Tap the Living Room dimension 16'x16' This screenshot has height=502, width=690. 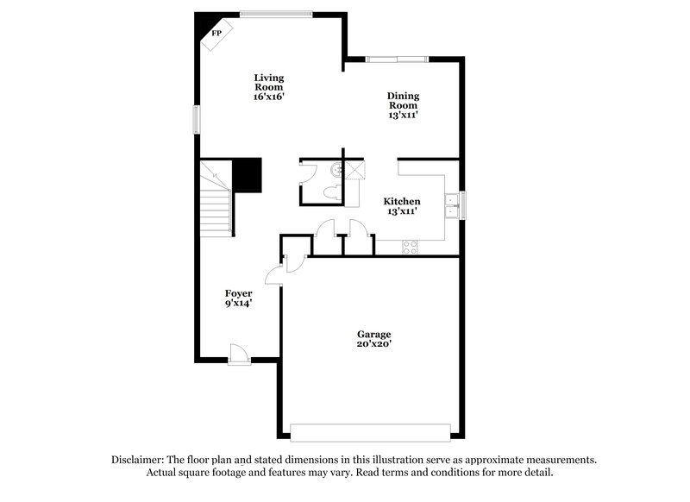click(268, 97)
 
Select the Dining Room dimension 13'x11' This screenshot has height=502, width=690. click(402, 115)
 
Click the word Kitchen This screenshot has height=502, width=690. click(402, 201)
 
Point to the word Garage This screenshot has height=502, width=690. click(374, 334)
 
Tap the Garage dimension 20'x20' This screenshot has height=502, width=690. click(374, 344)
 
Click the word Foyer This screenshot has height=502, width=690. click(238, 293)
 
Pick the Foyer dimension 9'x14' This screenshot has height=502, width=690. click(238, 304)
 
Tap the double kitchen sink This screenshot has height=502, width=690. click(451, 204)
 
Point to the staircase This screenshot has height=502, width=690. click(216, 203)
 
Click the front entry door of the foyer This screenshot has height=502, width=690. click(239, 354)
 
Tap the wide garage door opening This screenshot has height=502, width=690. click(370, 432)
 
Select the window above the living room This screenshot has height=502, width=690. click(276, 13)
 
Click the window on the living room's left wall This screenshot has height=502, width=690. click(196, 119)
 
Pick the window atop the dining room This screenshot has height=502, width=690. click(396, 59)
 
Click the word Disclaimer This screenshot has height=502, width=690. click(139, 460)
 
